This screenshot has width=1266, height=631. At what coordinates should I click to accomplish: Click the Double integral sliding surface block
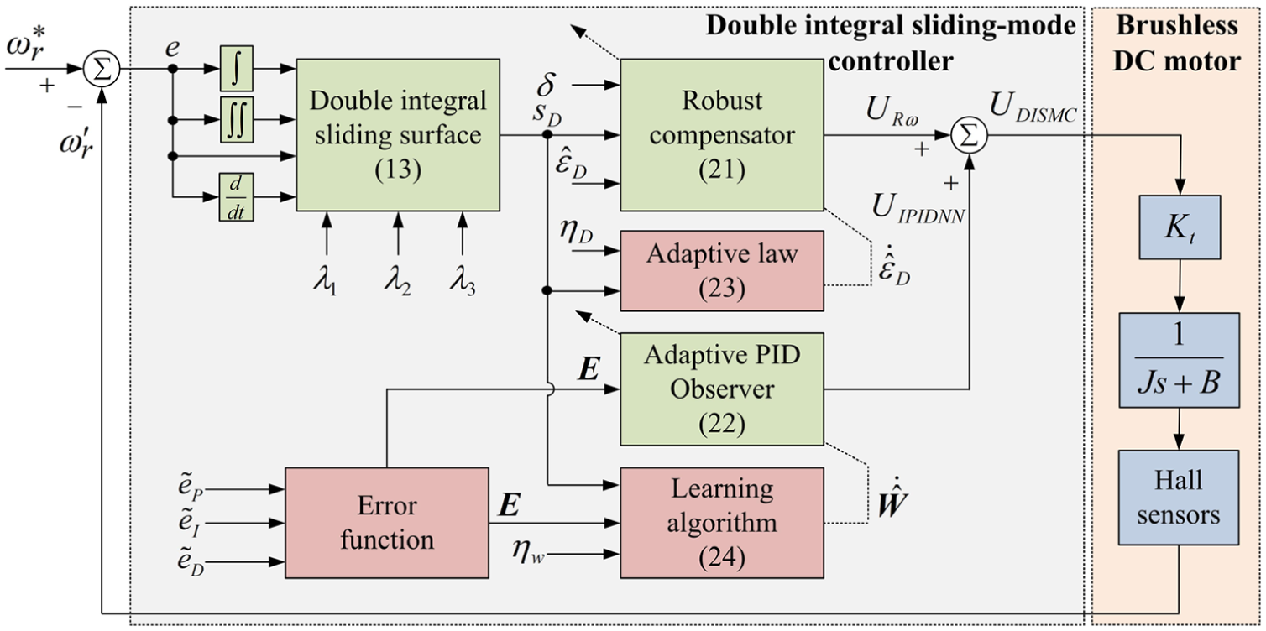tap(398, 135)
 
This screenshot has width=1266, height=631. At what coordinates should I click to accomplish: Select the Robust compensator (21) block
tap(722, 135)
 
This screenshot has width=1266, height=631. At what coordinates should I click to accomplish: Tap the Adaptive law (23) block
tap(722, 270)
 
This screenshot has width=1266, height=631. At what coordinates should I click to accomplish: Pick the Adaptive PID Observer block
tap(722, 389)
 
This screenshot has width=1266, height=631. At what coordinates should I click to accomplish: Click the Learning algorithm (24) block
tap(722, 523)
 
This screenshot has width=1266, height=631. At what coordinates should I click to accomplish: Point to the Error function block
tap(386, 523)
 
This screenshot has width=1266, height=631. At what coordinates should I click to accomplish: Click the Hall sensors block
tap(1179, 498)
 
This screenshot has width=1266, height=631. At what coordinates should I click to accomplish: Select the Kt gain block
tap(1180, 227)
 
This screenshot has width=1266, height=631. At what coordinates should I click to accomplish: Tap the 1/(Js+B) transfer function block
tap(1179, 361)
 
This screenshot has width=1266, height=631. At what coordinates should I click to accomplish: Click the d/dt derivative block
tap(236, 197)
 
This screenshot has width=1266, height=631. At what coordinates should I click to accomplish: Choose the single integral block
tap(236, 68)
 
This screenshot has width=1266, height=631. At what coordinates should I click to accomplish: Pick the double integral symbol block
tap(236, 120)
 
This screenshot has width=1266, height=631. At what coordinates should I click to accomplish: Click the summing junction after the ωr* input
tap(102, 69)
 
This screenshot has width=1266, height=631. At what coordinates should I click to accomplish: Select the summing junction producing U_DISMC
tap(969, 136)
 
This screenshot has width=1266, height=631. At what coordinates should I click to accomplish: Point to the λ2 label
tap(398, 279)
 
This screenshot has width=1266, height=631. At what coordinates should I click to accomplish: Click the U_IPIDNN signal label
tap(918, 209)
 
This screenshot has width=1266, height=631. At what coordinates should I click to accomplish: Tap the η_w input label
tap(529, 550)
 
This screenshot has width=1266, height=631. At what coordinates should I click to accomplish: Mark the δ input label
tap(546, 85)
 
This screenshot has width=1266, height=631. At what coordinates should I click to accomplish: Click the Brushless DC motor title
tap(1177, 44)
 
